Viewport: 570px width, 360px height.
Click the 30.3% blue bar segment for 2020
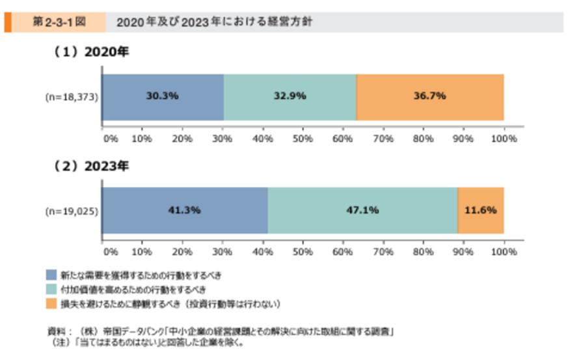163,97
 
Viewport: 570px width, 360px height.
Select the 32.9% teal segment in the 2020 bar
290,97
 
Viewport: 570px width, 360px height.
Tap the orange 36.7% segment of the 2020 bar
430,97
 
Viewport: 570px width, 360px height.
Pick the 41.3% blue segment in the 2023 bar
185,210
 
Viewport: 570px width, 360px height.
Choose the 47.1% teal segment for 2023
362,210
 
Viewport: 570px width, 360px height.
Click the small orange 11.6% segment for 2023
481,210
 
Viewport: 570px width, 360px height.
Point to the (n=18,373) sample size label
72,97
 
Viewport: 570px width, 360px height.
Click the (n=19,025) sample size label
72,210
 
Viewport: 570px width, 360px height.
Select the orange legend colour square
51,303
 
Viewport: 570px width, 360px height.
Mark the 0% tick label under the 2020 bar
110,139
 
